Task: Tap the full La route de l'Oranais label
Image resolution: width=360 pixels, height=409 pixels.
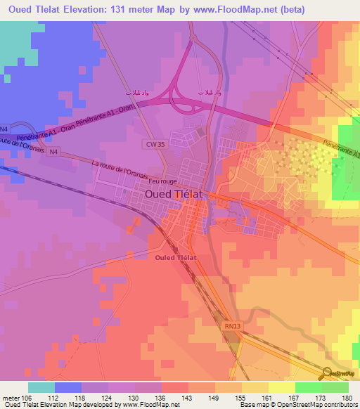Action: pos(129,170)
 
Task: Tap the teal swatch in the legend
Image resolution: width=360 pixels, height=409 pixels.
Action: pos(41,387)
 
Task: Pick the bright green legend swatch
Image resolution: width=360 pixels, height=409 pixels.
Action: pos(309,387)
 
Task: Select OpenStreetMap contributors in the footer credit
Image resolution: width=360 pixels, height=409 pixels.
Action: pos(317,405)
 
